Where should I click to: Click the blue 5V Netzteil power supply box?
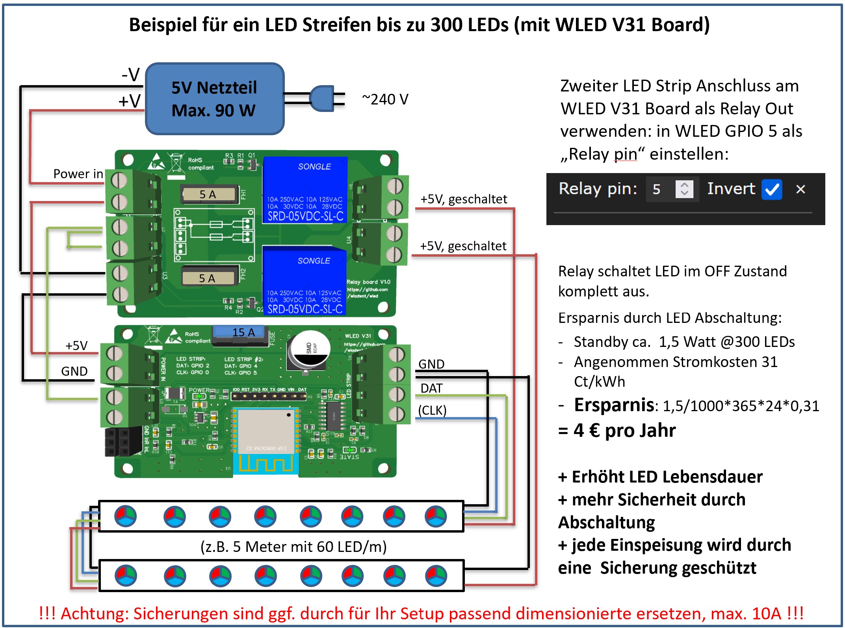[x=215, y=99]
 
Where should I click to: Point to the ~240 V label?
[x=385, y=99]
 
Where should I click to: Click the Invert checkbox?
[x=771, y=189]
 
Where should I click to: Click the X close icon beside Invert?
[x=800, y=189]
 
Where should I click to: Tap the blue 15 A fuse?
[x=240, y=332]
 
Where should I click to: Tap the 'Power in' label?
[x=78, y=174]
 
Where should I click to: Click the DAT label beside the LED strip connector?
[x=431, y=388]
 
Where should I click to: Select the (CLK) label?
[x=432, y=410]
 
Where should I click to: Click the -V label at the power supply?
[x=131, y=75]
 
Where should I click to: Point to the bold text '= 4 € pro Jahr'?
[x=617, y=430]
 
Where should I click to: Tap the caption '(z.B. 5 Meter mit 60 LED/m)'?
[x=293, y=547]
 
